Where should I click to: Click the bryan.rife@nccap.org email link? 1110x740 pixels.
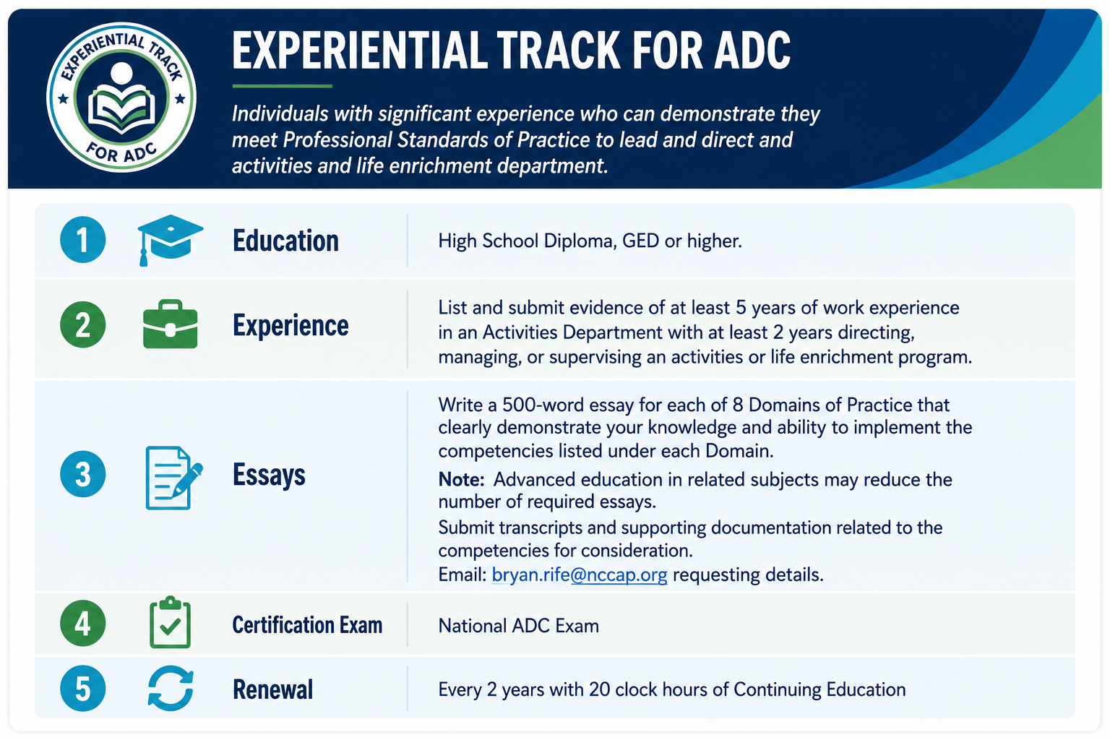580,575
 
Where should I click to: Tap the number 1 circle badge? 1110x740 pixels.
83,240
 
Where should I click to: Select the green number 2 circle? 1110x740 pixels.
83,324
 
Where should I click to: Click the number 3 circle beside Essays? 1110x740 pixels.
83,474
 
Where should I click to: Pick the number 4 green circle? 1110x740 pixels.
83,623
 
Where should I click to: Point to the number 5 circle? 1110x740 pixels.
83,689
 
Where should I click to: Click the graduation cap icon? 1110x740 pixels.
170,240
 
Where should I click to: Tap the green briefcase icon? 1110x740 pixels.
170,324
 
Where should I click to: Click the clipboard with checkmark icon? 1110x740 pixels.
170,622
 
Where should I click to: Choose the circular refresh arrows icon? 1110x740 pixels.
171,689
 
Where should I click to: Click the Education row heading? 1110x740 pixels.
285,241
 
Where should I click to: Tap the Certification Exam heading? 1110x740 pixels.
307,625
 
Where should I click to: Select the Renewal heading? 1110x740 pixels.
272,689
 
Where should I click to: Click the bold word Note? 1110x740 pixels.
461,480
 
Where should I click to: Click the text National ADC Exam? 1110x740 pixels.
518,626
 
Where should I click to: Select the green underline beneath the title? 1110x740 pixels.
282,86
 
